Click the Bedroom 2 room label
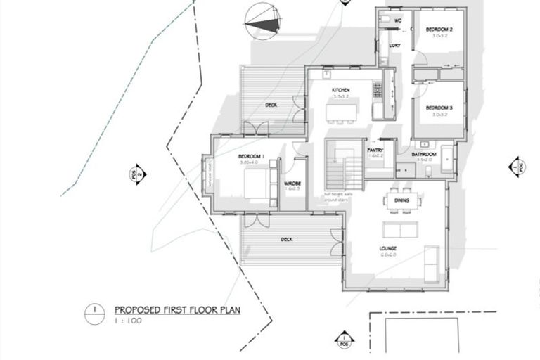(439, 30)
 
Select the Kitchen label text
(341, 91)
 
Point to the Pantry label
(375, 150)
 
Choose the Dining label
(401, 201)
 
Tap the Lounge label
(388, 248)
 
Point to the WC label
(397, 20)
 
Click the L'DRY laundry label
(394, 46)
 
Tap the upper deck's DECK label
(271, 105)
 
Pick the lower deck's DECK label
(286, 239)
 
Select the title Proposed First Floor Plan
(176, 309)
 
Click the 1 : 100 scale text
(127, 320)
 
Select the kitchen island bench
(341, 111)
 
